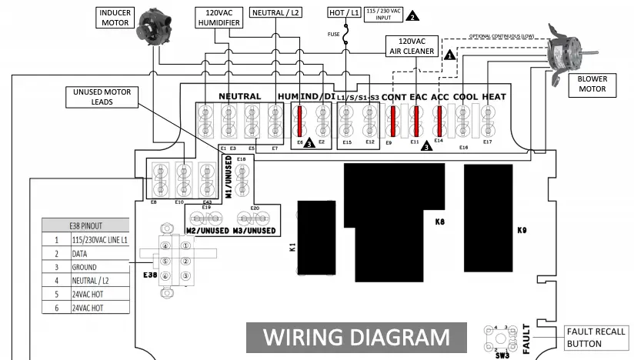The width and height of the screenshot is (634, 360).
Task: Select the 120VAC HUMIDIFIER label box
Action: pyautogui.click(x=219, y=18)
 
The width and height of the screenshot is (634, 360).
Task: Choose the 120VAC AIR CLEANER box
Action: pyautogui.click(x=411, y=46)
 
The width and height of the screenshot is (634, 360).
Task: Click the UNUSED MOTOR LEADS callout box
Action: pyautogui.click(x=102, y=96)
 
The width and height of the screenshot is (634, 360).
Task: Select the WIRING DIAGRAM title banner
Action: pyautogui.click(x=356, y=337)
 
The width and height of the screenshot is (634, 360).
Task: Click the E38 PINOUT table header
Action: pyautogui.click(x=85, y=225)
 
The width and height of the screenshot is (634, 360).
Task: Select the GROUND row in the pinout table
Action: pyautogui.click(x=85, y=267)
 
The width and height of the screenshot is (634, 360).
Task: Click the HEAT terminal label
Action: pyautogui.click(x=493, y=96)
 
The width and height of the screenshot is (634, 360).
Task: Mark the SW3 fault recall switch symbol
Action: pyautogui.click(x=503, y=338)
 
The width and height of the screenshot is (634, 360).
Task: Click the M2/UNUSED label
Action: pyautogui.click(x=207, y=231)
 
